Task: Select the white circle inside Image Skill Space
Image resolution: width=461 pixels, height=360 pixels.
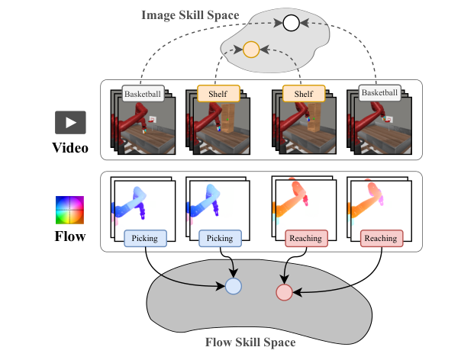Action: [x=291, y=24]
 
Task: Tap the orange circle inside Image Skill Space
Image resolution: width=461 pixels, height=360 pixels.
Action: [x=250, y=51]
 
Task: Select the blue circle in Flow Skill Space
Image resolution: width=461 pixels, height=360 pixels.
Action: [x=234, y=286]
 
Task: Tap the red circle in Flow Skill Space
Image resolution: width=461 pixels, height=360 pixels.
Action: [x=284, y=291]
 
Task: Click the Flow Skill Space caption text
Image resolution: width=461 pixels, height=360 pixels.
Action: [x=250, y=342]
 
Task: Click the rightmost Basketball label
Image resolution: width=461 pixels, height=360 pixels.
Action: [x=379, y=95]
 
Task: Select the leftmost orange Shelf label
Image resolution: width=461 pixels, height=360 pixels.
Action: [x=218, y=94]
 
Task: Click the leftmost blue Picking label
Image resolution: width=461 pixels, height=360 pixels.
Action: [x=144, y=239]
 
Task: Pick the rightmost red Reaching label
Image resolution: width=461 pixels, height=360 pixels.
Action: [x=380, y=239]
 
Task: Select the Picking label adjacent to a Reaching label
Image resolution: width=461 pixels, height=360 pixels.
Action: [x=220, y=239]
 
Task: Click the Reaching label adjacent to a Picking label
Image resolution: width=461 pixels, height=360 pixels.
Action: [x=305, y=239]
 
